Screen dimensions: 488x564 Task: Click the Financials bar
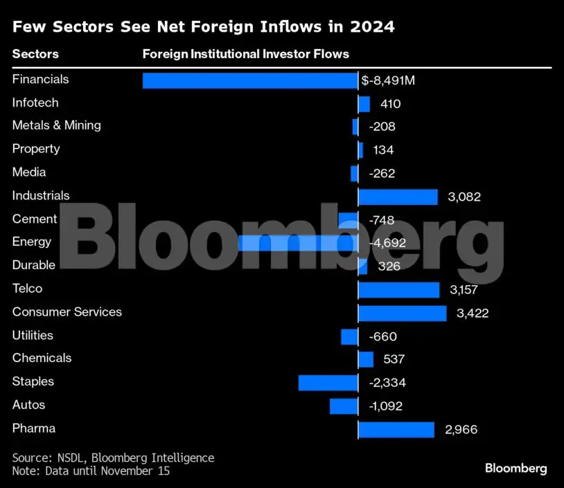pos(250,80)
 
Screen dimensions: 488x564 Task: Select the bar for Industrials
pos(398,197)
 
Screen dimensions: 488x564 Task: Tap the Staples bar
pos(328,383)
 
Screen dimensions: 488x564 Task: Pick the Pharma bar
pos(396,430)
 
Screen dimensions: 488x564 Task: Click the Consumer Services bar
pos(402,314)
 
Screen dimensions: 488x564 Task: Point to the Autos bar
pos(344,406)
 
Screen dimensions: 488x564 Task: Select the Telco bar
pos(398,290)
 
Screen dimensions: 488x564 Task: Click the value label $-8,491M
pos(388,81)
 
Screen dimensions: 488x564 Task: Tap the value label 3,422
pos(473,314)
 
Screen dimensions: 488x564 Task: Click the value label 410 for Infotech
pos(390,105)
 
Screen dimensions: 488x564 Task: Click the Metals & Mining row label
pos(57,125)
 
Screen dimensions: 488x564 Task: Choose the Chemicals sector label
pos(42,358)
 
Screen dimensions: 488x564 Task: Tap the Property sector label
pos(36,149)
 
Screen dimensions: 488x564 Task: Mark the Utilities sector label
pos(33,335)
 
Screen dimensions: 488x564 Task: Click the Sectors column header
pos(35,54)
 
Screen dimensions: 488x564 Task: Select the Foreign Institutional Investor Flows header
pos(245,54)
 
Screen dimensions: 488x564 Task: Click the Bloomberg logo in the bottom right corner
pos(515,469)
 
